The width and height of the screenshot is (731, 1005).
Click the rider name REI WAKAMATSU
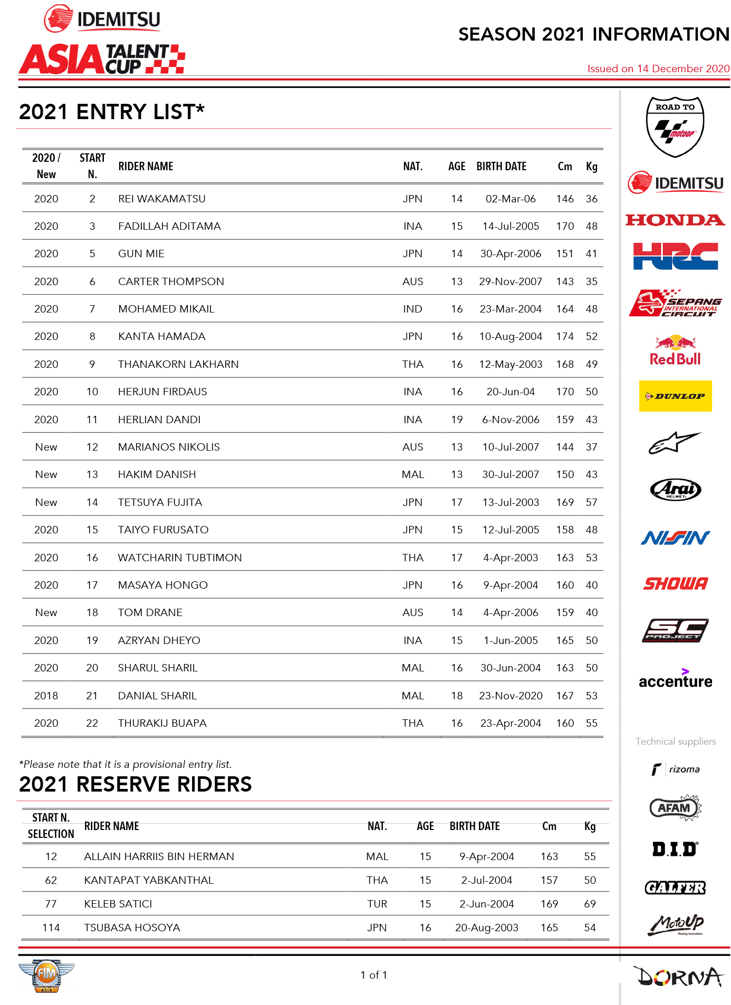point(161,199)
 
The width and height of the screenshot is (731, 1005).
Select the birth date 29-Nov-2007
point(510,281)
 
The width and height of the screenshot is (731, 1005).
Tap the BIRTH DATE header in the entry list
point(501,167)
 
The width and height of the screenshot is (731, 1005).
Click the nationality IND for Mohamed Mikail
point(412,309)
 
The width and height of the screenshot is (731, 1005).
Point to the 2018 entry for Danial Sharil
point(46,696)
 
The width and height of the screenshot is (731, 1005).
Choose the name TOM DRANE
point(150,612)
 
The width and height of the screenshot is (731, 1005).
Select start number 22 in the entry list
point(92,723)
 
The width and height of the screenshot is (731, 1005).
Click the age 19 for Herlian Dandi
point(456,419)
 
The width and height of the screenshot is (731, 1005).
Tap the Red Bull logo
point(675,351)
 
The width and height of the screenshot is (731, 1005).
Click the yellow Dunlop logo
point(675,396)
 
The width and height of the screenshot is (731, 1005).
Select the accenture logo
point(675,679)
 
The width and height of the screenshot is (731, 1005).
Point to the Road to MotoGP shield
point(675,126)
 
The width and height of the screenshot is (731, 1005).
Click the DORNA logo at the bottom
point(679,977)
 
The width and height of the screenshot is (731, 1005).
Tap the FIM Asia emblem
point(46,975)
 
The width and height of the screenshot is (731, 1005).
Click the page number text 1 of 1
point(373,975)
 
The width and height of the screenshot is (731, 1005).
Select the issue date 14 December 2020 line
point(658,69)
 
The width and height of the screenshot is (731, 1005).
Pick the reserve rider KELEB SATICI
point(118,904)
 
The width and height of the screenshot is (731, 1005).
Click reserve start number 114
point(51,928)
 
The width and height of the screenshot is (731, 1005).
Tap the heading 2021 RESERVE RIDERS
point(135,784)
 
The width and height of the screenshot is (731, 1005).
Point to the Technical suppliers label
point(675,741)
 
